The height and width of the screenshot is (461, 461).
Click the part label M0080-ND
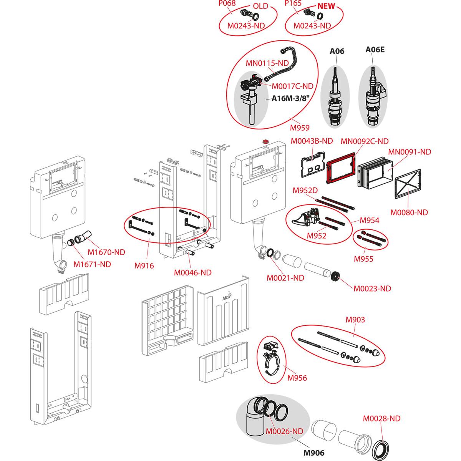pyautogui.click(x=409, y=212)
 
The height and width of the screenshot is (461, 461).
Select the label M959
pyautogui.click(x=300, y=128)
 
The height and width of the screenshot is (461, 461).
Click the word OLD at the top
pyautogui.click(x=260, y=7)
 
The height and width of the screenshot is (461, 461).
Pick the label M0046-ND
pyautogui.click(x=193, y=273)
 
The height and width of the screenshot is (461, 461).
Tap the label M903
pyautogui.click(x=355, y=319)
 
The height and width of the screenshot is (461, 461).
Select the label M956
pyautogui.click(x=297, y=378)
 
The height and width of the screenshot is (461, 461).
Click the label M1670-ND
pyautogui.click(x=106, y=252)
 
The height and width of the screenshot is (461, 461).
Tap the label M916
pyautogui.click(x=144, y=265)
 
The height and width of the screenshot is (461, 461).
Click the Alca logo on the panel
pyautogui.click(x=227, y=296)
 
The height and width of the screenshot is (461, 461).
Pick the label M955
pyautogui.click(x=363, y=259)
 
